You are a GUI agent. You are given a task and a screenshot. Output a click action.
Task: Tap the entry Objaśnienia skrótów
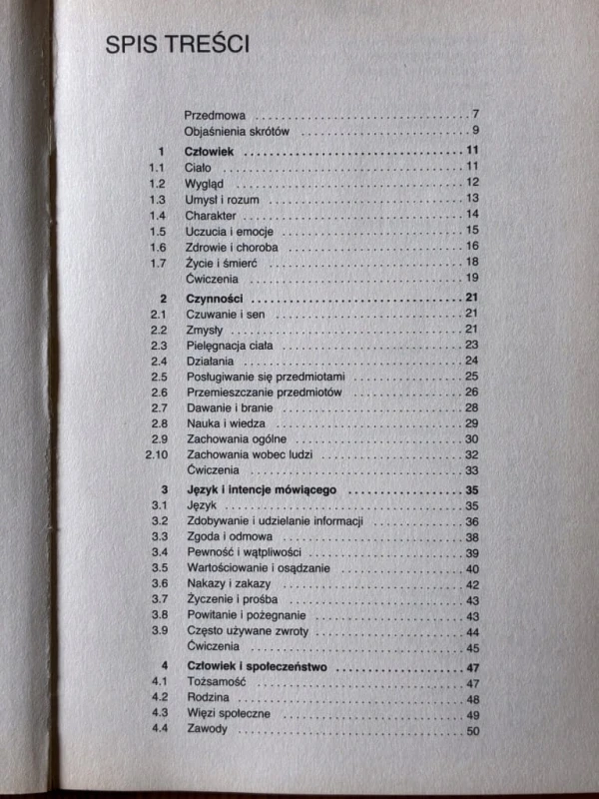click(236, 131)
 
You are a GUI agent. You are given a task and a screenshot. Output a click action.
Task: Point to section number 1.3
click(156, 200)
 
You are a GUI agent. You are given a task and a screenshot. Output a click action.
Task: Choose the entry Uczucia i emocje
click(230, 231)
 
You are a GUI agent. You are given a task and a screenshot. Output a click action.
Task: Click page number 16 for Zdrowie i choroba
click(473, 247)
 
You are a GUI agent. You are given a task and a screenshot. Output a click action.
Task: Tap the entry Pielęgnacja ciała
click(230, 345)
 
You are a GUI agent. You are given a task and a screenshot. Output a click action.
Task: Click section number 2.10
click(153, 454)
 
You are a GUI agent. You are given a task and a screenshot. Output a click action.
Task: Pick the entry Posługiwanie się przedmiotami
click(266, 377)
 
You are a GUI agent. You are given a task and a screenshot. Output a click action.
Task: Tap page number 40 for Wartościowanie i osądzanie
click(473, 568)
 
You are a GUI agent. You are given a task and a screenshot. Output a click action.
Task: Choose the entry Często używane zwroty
click(248, 632)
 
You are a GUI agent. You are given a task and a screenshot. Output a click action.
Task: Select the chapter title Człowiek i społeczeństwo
click(261, 666)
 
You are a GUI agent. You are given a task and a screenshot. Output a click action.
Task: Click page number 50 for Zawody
click(473, 731)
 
